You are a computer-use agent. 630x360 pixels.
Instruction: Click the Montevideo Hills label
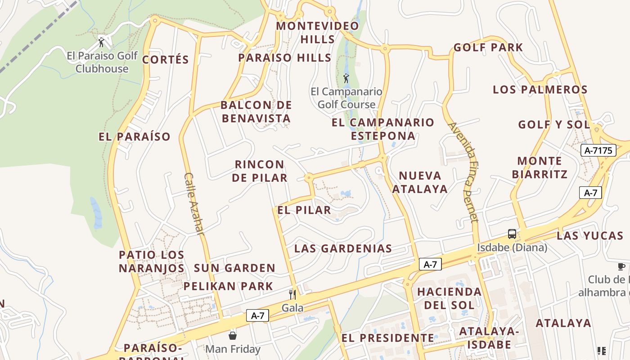318,32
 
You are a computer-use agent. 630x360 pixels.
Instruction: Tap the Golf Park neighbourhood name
488,47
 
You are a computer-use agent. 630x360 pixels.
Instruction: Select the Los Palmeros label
540,89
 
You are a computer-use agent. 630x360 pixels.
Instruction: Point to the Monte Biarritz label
540,167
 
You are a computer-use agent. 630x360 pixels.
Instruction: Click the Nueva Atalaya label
420,182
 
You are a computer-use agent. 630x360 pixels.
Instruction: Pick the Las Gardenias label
343,248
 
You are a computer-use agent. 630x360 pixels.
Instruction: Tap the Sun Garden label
234,268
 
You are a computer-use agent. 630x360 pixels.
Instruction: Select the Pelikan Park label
228,286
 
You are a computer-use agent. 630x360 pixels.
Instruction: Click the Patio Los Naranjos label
152,261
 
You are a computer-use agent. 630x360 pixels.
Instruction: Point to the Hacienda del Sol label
449,298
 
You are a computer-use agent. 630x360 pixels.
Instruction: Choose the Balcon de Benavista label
256,112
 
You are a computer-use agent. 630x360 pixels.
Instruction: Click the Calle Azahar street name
194,203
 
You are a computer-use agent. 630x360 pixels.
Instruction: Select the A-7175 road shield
598,150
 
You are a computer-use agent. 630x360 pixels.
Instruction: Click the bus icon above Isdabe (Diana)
512,234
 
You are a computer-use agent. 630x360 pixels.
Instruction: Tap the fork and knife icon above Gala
292,295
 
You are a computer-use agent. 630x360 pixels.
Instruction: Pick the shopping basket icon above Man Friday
233,336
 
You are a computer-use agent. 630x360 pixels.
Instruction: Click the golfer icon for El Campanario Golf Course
346,79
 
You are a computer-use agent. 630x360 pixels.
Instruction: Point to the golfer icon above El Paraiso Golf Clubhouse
102,43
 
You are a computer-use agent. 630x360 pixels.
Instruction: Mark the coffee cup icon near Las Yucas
621,267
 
